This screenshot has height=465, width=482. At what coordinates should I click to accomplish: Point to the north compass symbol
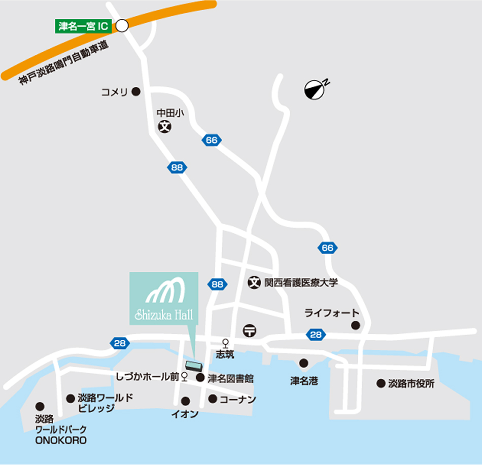pos(314,90)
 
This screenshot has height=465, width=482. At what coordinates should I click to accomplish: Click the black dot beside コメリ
pos(136,92)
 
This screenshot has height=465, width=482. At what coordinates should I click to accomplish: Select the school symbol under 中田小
pos(164,127)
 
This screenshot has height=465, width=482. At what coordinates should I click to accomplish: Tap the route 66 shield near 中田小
pos(212,140)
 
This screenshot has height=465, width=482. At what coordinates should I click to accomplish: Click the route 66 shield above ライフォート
pos(328,248)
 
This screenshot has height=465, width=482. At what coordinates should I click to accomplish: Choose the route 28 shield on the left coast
pos(119,343)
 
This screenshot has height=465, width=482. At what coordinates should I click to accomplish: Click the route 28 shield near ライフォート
pos(316,335)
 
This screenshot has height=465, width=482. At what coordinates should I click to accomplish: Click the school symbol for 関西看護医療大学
pos(254,282)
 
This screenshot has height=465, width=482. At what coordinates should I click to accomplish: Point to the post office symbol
pos(249,330)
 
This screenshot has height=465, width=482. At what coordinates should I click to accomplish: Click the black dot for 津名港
pos(303,363)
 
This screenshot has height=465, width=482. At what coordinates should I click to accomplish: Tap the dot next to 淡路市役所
pos(381,383)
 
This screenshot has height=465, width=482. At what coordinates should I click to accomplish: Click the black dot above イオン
pos(186,401)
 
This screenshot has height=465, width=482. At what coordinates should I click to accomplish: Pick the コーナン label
pos(237,400)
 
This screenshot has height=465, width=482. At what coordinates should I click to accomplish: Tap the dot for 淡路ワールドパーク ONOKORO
pos(40,406)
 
